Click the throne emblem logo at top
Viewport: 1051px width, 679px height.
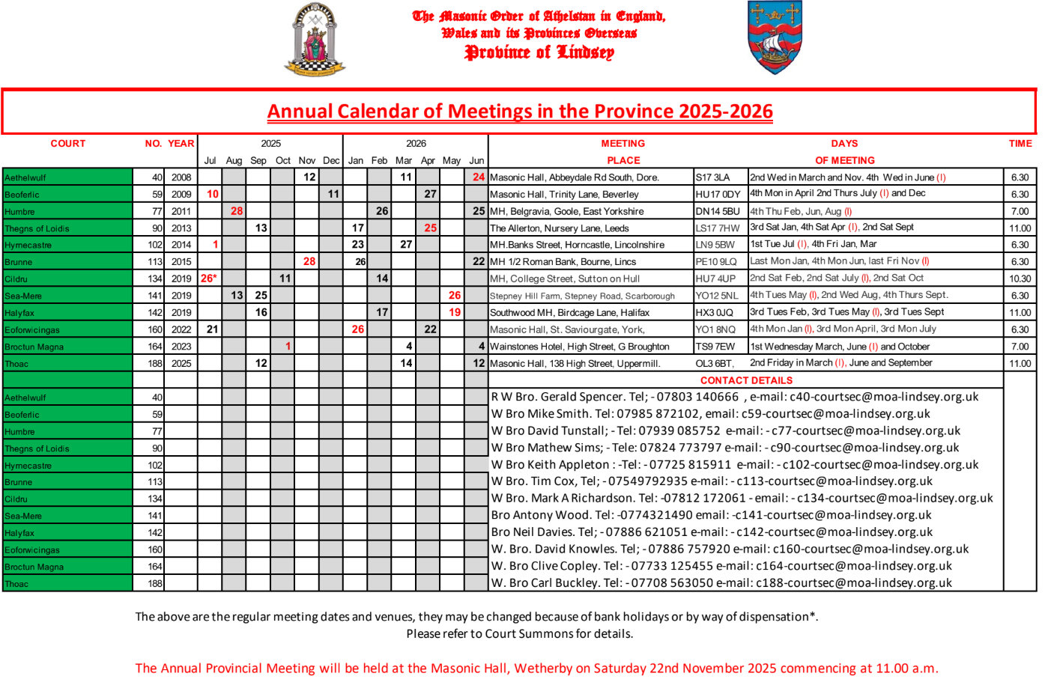tap(315, 39)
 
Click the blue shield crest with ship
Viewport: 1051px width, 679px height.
tap(775, 37)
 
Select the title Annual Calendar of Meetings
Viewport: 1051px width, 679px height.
tap(520, 112)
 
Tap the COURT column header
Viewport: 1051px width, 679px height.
tap(67, 144)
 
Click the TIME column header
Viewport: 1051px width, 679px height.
tap(1020, 144)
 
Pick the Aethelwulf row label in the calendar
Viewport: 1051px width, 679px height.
tap(25, 177)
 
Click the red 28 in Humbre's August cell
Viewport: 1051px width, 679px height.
tap(237, 211)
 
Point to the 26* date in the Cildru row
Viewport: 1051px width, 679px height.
tap(208, 278)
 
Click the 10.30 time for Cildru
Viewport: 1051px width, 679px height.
tap(1020, 278)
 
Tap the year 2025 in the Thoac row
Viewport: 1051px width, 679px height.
tap(181, 363)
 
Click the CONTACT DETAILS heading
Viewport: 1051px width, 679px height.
tap(746, 380)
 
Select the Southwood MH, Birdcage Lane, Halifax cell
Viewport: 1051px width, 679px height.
tap(569, 312)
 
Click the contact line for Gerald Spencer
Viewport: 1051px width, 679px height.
tap(734, 397)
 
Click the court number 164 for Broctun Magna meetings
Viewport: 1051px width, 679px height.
tap(155, 347)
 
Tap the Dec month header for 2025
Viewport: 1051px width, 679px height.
tap(331, 160)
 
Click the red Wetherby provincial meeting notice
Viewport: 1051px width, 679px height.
tap(536, 669)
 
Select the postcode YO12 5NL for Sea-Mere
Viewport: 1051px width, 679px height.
tap(717, 296)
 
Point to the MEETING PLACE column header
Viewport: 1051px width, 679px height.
tap(623, 152)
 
